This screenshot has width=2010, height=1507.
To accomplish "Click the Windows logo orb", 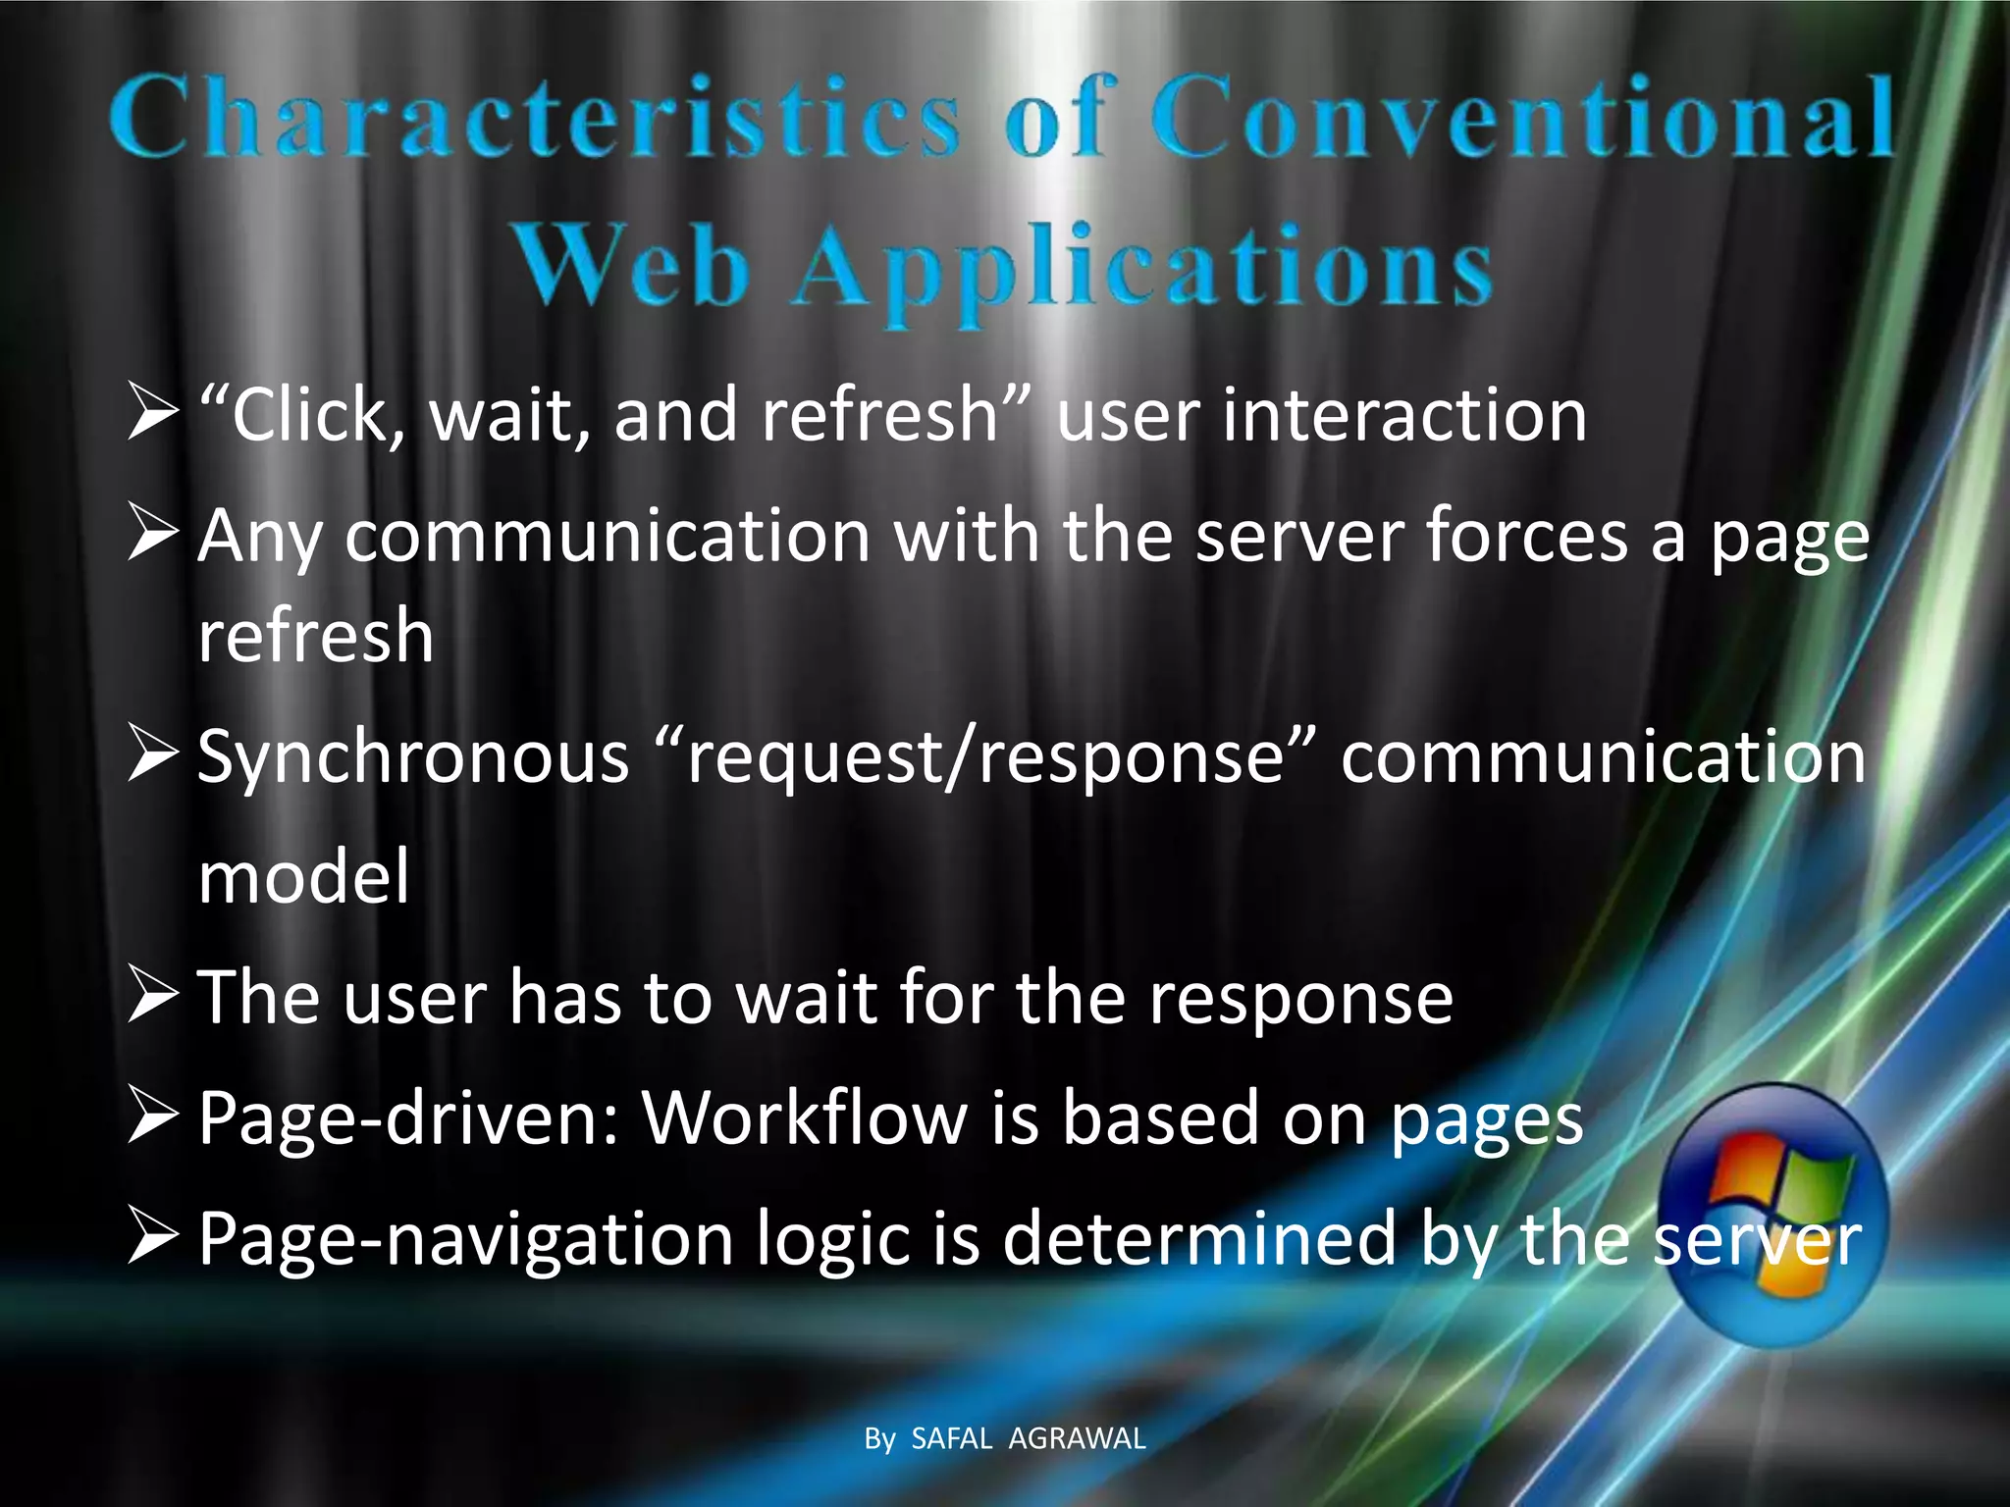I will pos(1776,1215).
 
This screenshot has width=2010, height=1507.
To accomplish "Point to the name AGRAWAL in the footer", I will pos(1077,1439).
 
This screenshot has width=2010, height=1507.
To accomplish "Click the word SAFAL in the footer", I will pos(952,1439).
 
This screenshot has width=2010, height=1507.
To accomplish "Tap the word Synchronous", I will pos(412,758).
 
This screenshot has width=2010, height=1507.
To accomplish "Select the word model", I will pos(303,876).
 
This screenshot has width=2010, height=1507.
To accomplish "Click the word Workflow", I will pos(805,1117).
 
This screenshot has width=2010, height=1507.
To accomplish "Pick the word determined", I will pos(1199,1238).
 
